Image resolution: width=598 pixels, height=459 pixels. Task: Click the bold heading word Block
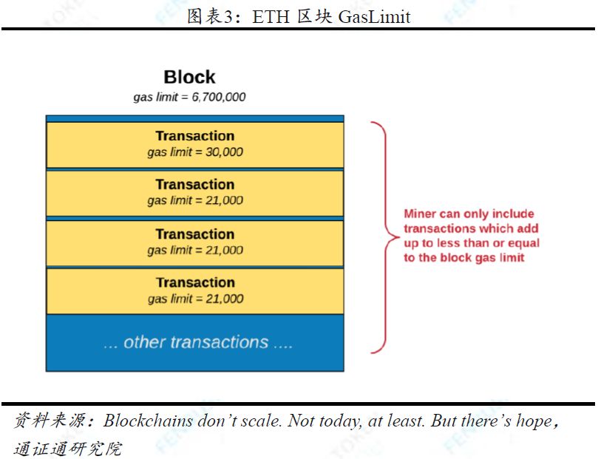coord(189,77)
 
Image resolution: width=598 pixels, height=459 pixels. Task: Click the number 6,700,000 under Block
coord(219,97)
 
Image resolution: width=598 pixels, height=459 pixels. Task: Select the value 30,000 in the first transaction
coord(224,152)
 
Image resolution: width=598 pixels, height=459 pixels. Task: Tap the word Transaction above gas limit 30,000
coord(195,136)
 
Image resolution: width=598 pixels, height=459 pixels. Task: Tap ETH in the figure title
coord(271,17)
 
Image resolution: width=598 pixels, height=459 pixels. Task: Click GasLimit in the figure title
coord(374,17)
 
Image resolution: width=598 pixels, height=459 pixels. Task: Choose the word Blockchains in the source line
coord(148,421)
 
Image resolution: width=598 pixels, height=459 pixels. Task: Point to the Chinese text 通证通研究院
coord(68,449)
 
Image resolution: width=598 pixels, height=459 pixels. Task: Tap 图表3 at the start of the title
coord(210,17)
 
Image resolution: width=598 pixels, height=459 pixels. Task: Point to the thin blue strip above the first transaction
coord(195,118)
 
